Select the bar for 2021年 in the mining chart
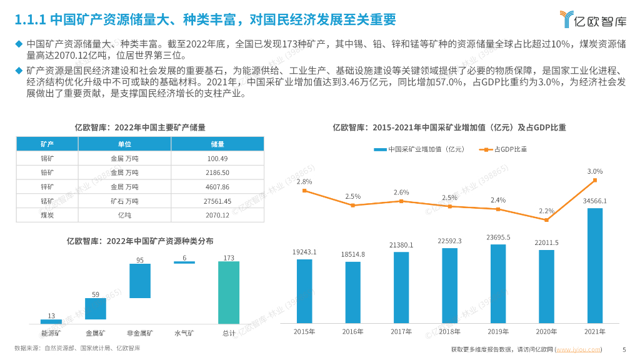tap(594, 265)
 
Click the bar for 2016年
tap(352, 292)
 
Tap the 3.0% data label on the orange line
tap(594, 171)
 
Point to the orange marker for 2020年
tap(546, 220)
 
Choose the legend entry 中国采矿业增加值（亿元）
tap(419, 149)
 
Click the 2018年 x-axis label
tap(449, 331)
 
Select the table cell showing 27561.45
tap(217, 201)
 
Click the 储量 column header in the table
tap(217, 144)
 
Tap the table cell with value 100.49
tap(217, 158)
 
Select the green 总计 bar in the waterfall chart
tap(229, 292)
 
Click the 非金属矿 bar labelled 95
tap(140, 281)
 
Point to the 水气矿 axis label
tap(184, 333)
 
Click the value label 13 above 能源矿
tap(51, 315)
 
